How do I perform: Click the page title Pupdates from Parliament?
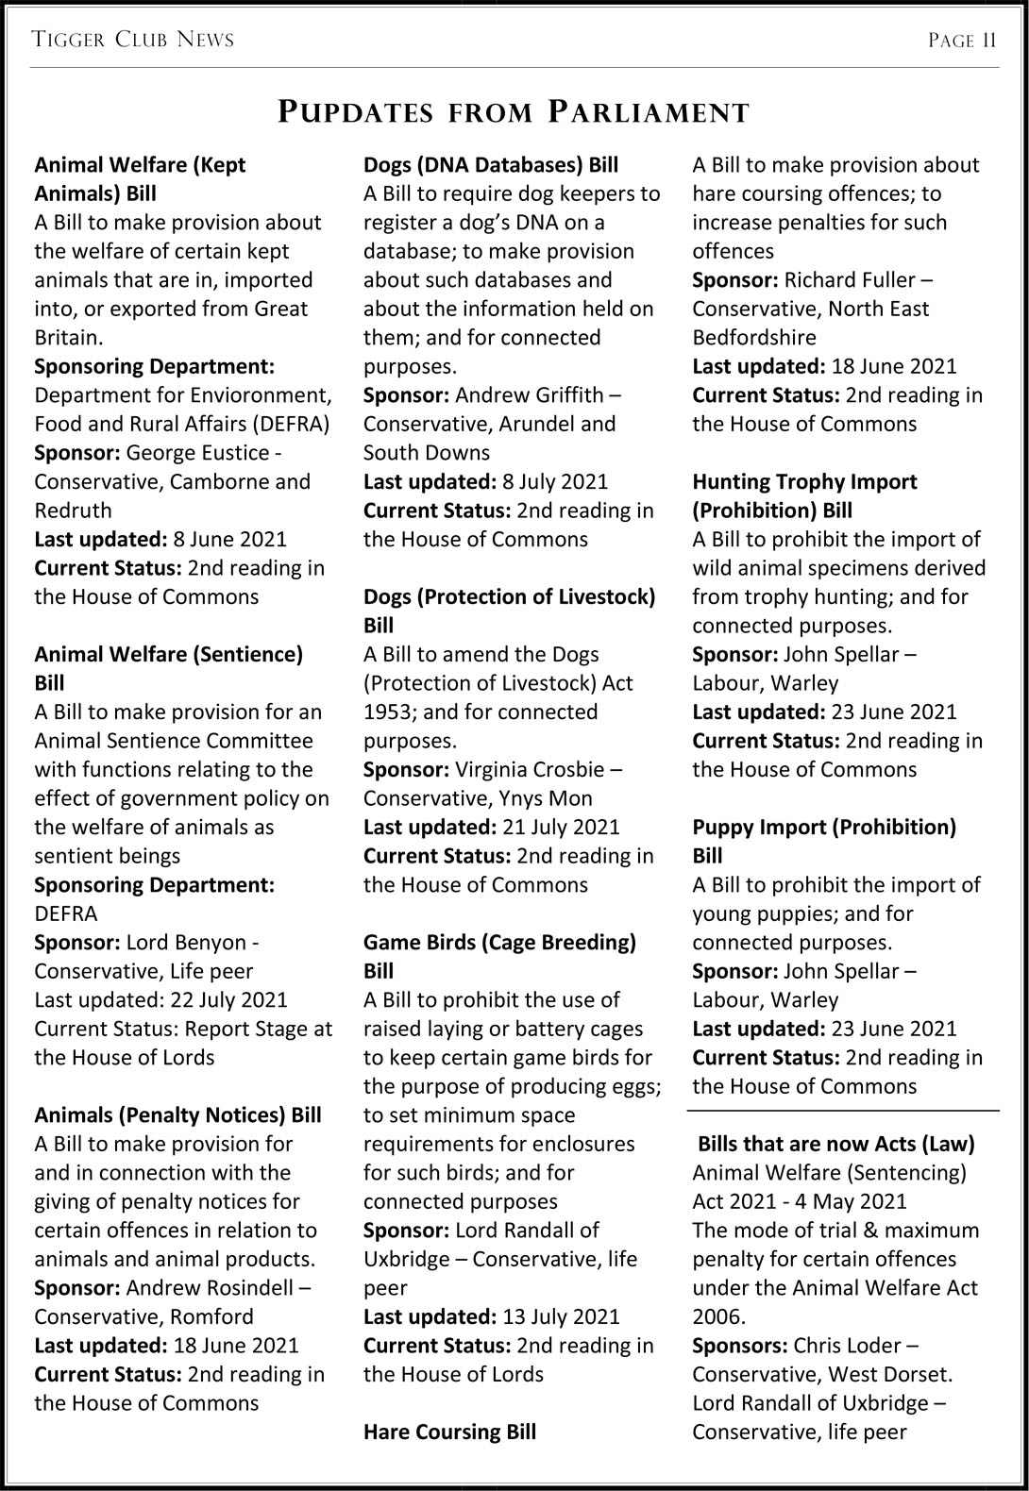[514, 112]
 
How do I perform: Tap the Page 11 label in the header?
[962, 40]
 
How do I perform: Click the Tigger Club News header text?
[132, 40]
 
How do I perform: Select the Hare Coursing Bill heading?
[449, 1432]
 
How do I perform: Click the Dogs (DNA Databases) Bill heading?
[491, 165]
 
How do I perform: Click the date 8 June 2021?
[229, 540]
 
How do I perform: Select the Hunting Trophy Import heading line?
[804, 482]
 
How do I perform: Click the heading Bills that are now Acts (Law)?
[835, 1145]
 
